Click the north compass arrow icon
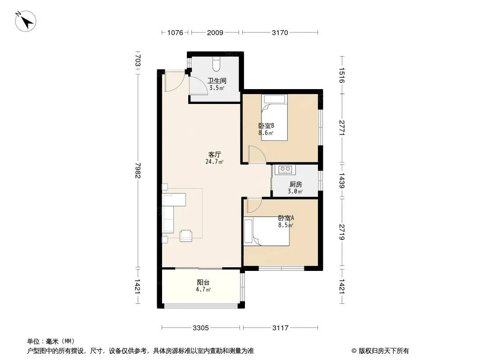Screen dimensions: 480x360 click(26, 21)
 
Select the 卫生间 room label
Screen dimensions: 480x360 click(217, 81)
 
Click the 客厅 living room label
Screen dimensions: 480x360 click(214, 155)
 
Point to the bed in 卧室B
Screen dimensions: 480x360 click(274, 117)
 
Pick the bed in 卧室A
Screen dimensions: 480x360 click(266, 231)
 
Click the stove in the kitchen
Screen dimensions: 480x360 click(285, 169)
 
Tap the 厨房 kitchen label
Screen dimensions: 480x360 click(296, 184)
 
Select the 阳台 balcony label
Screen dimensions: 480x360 click(203, 282)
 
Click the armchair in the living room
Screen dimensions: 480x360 click(186, 235)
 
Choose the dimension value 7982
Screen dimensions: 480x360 click(138, 171)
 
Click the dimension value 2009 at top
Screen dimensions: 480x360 click(215, 33)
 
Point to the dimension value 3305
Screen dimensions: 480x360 click(201, 328)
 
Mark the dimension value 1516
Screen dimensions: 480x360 click(342, 75)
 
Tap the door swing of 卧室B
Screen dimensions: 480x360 click(257, 154)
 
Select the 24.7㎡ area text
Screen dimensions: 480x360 click(214, 162)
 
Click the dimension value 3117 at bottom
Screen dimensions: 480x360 click(281, 328)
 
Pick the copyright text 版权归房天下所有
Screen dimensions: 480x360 click(384, 351)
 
